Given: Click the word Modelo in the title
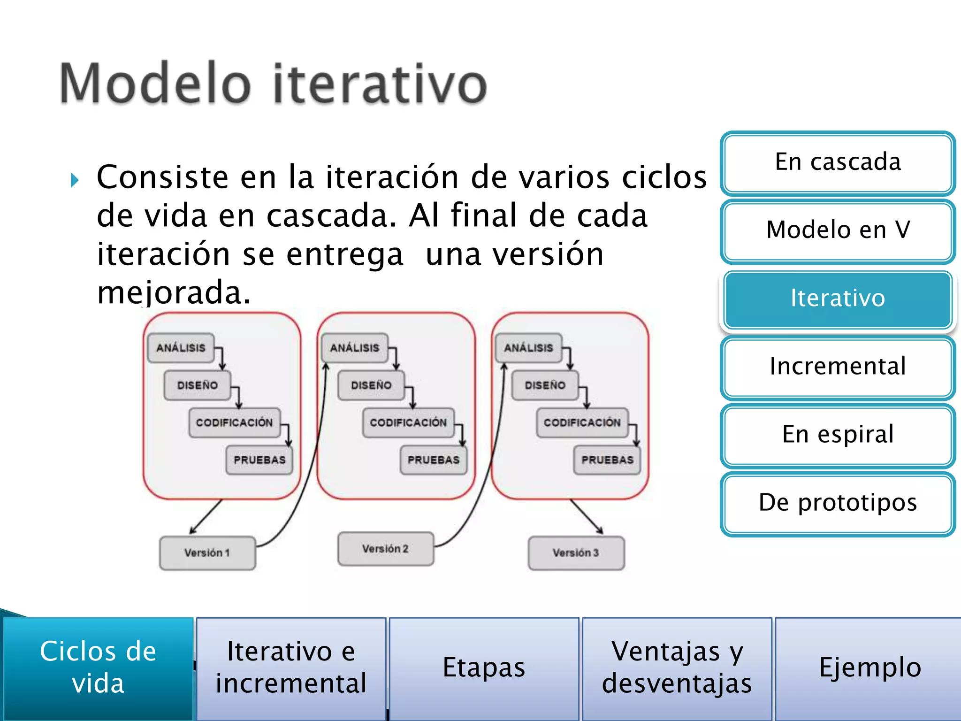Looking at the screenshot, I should coord(155,84).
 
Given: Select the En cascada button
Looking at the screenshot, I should coord(838,162).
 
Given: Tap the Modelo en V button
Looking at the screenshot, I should coord(838,230).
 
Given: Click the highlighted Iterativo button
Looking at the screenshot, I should coord(838,299).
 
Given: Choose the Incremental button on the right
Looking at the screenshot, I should coord(838,367).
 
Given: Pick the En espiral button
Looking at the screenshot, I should coord(838,435).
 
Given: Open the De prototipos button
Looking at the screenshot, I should coord(838,503).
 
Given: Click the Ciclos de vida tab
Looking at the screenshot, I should coord(98,667).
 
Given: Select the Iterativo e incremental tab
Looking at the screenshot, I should coord(291,667).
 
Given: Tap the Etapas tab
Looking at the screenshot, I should coord(484,667).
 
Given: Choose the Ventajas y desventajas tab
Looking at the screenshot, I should coord(677,667).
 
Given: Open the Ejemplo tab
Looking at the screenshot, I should coord(869,667).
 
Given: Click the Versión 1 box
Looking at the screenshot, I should coord(207,553).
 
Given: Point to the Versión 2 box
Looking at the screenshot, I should coord(385,549).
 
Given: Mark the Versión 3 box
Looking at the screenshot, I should coord(576,553).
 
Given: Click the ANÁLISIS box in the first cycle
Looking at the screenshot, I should coord(181,348).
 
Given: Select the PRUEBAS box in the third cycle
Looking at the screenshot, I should coord(607,460).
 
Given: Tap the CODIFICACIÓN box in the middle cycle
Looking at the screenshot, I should coord(408,422).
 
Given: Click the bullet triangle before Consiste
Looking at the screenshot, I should coord(75,180).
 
